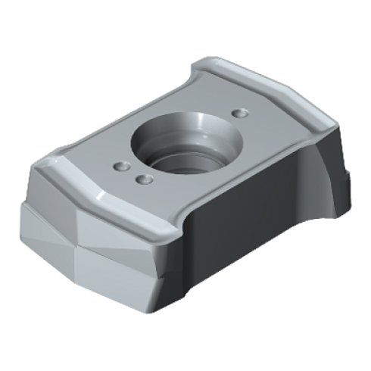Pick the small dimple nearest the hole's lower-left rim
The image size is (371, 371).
142,179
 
